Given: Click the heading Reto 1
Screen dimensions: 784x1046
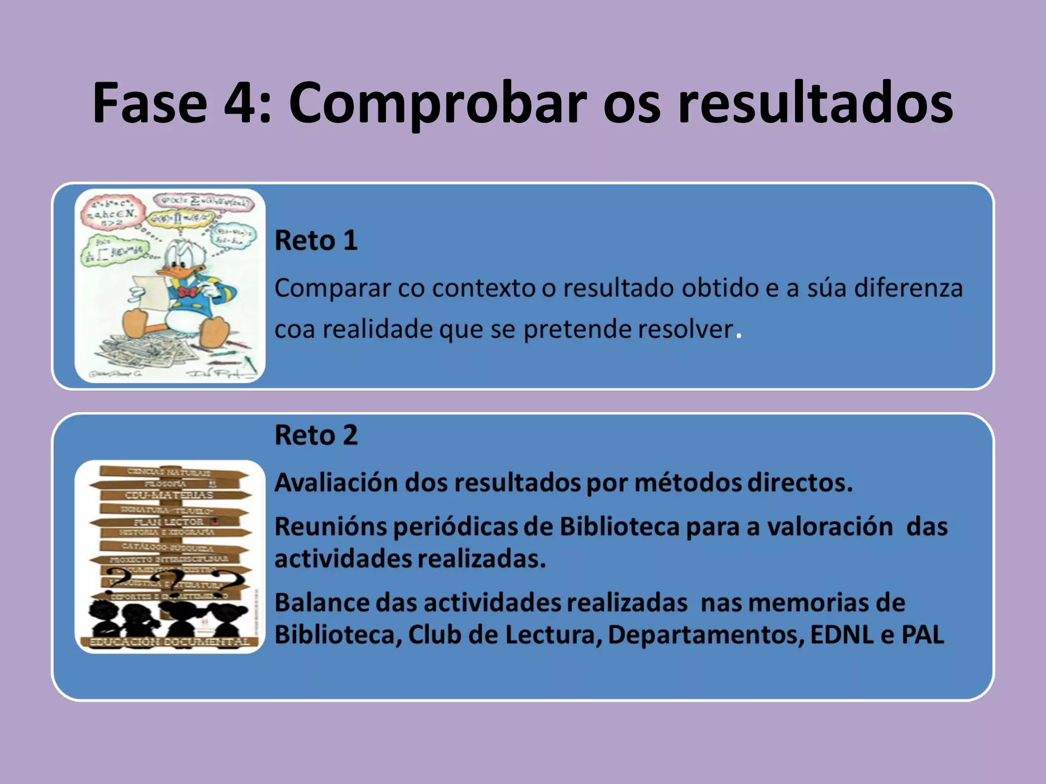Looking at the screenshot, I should pos(316,240).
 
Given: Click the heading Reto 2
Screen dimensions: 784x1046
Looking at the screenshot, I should pos(316,435).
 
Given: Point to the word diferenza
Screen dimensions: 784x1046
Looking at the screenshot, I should pos(909,288).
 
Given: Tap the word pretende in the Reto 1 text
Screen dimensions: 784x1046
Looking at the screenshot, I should pos(572,330).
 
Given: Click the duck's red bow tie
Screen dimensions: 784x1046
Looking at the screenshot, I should pos(188,292).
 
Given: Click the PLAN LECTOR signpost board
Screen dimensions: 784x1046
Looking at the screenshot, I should pos(169,522).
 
